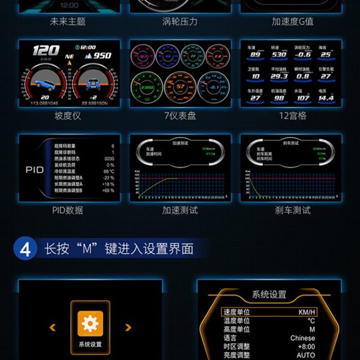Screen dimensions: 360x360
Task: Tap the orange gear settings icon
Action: click(x=90, y=323)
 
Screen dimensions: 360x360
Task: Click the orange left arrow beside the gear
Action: click(x=53, y=328)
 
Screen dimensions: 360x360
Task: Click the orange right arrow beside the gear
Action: click(x=128, y=328)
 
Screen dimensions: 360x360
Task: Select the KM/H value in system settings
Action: click(x=307, y=312)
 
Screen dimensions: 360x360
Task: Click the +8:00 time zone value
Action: click(x=306, y=346)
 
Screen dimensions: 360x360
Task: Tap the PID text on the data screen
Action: click(x=35, y=171)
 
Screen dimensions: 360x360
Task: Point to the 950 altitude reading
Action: click(x=102, y=56)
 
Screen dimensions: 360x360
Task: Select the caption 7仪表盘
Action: click(x=180, y=116)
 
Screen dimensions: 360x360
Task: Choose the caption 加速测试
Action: click(x=180, y=210)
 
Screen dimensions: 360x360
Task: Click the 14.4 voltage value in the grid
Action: click(x=326, y=98)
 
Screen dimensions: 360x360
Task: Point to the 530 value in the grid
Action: click(x=279, y=54)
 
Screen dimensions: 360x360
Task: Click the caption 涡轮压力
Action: click(x=180, y=21)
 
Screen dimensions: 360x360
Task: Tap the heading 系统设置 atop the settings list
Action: click(x=269, y=295)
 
